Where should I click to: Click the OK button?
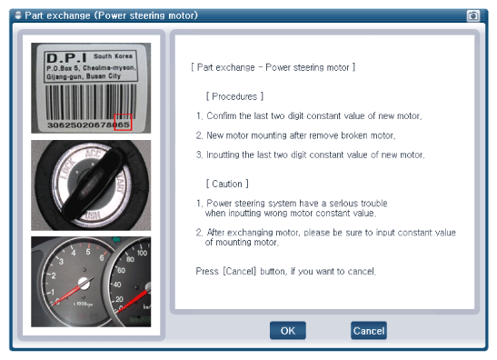(x=288, y=331)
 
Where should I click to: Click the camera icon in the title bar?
(x=472, y=15)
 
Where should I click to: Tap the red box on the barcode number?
(x=123, y=122)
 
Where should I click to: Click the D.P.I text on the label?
(x=66, y=58)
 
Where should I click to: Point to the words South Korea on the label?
(x=113, y=56)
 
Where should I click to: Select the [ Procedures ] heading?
(x=234, y=96)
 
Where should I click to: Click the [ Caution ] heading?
(x=227, y=184)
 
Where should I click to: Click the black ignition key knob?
(x=93, y=184)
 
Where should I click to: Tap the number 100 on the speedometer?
(x=142, y=253)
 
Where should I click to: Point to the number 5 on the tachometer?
(x=88, y=252)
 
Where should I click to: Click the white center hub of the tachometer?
(x=84, y=284)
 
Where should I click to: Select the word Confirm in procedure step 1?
(x=222, y=115)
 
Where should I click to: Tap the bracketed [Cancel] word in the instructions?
(x=240, y=272)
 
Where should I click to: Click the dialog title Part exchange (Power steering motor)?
(x=111, y=15)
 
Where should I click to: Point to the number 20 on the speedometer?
(x=119, y=299)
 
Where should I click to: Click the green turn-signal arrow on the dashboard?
(x=116, y=239)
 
